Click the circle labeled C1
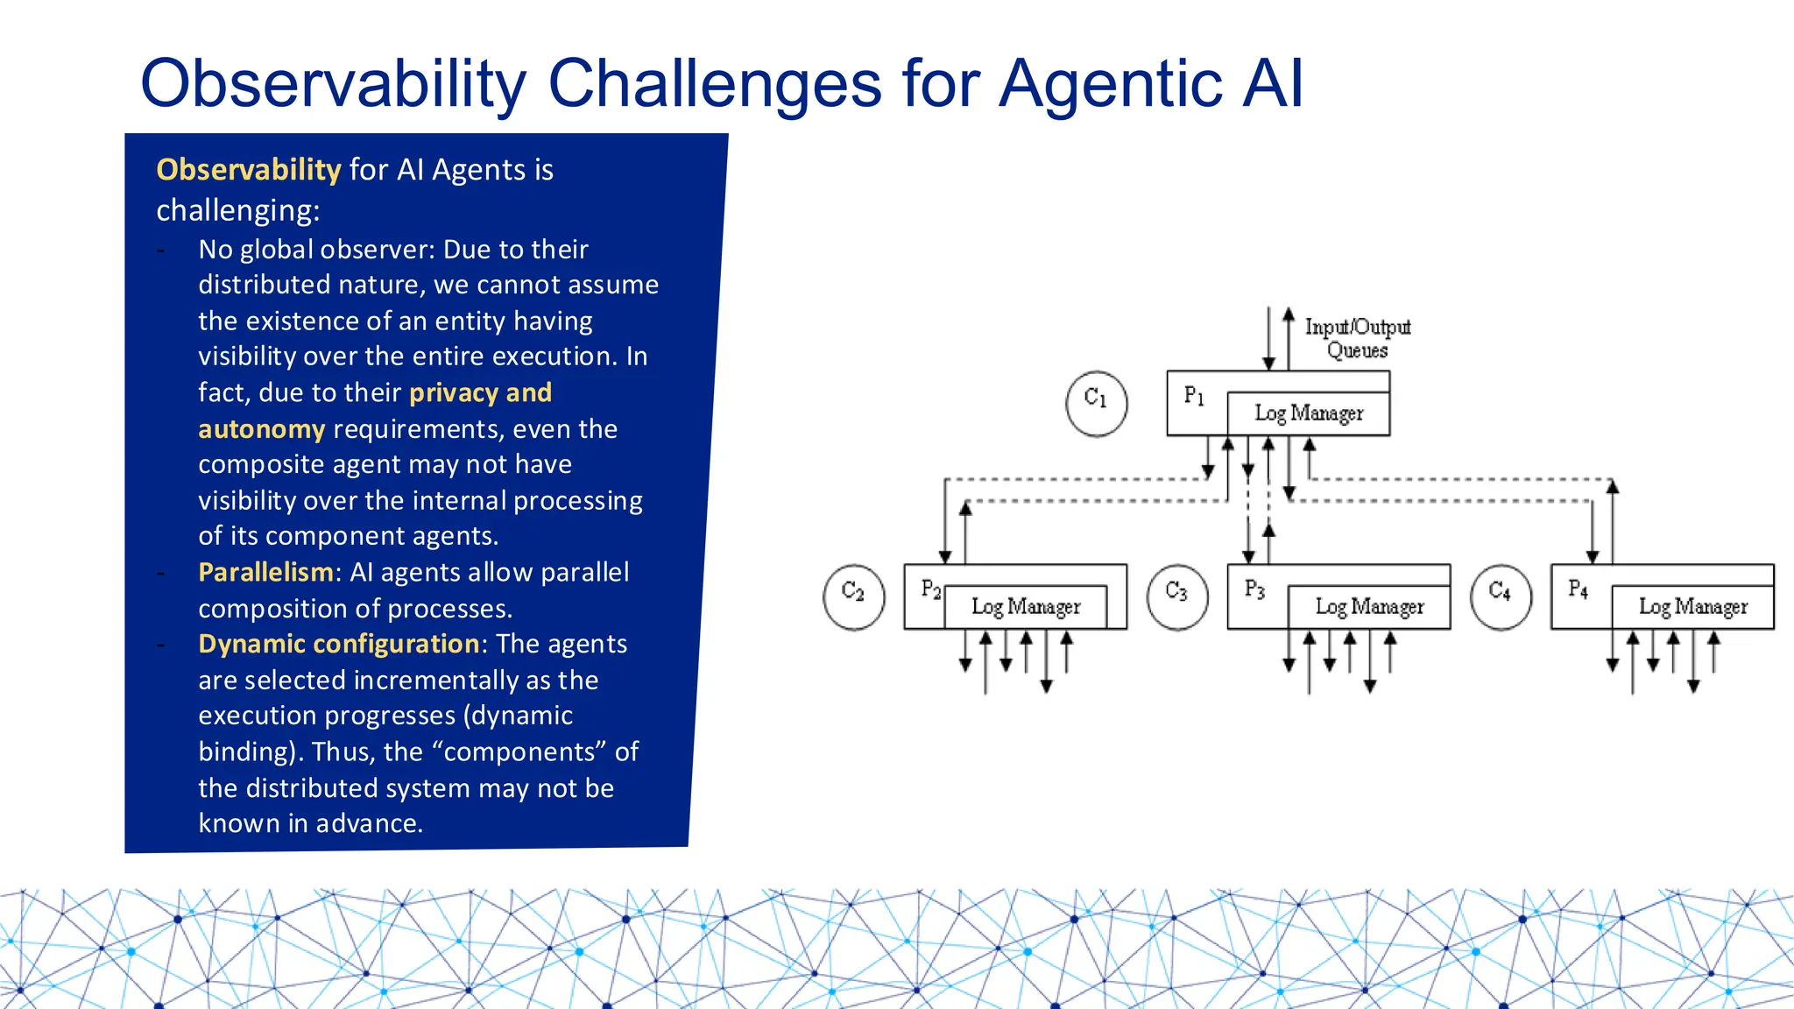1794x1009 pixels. (1096, 403)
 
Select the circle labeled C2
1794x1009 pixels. (853, 597)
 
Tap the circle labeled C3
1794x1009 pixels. (1177, 597)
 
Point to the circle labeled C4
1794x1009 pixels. (1501, 597)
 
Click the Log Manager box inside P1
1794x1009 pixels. (1308, 413)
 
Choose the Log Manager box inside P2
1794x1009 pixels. (1026, 607)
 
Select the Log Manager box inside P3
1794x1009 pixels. (1368, 607)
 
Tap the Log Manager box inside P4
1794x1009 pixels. (1692, 607)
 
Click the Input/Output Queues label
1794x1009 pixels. (1357, 338)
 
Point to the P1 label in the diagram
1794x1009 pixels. (1194, 396)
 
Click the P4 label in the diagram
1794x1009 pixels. (1578, 589)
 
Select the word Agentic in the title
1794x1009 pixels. (1111, 84)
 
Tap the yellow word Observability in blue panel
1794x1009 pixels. (248, 169)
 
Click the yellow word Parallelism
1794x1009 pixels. (265, 572)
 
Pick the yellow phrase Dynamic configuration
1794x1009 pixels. (339, 644)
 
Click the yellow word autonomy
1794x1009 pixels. (261, 429)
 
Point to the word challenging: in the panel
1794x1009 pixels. (238, 210)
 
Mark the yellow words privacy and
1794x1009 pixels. (480, 392)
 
